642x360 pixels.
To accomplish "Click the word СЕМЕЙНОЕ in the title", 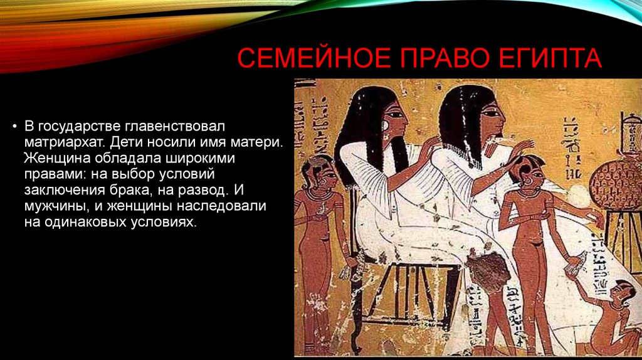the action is pos(314,58).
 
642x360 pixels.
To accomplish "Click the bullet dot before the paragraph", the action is pos(15,126).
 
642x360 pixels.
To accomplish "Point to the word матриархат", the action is pos(65,142).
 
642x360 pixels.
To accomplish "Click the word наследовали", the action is pos(221,206).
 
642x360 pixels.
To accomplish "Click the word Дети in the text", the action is pos(125,142).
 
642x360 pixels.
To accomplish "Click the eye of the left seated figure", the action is pos(396,115).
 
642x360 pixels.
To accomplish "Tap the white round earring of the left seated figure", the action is pos(385,125).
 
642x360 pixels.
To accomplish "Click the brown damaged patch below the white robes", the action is pos(489,271).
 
